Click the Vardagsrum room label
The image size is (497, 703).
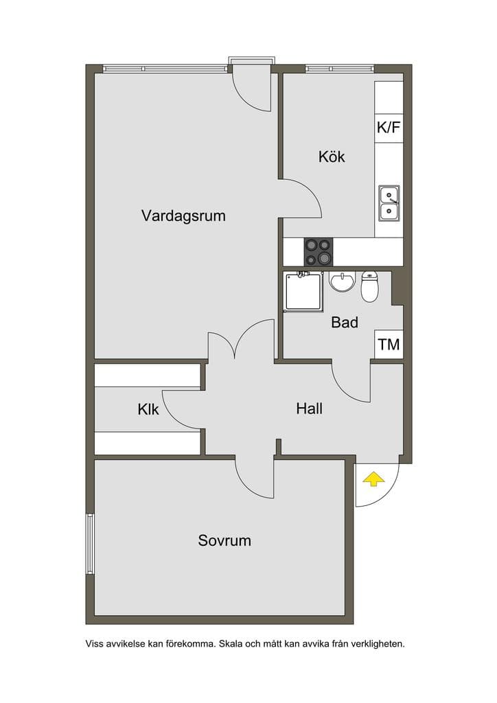point(183,216)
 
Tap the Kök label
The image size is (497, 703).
point(332,157)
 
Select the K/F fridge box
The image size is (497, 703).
point(389,128)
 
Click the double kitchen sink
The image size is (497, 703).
point(389,203)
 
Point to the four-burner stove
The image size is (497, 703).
point(319,251)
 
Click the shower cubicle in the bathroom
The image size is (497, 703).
point(303,291)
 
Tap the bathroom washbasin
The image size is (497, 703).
point(342,281)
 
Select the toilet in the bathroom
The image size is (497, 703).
point(370,286)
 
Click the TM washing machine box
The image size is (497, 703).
point(389,345)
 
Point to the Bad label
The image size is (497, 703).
point(345,323)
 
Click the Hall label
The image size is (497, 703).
point(309,408)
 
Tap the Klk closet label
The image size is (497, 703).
point(148,409)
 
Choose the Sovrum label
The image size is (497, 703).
point(224,540)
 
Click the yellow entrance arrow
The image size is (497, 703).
point(373,479)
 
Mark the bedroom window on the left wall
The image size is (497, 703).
point(90,544)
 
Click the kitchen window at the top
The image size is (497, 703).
point(340,69)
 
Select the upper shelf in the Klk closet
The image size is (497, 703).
point(147,376)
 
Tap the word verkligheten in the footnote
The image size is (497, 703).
point(378,644)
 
